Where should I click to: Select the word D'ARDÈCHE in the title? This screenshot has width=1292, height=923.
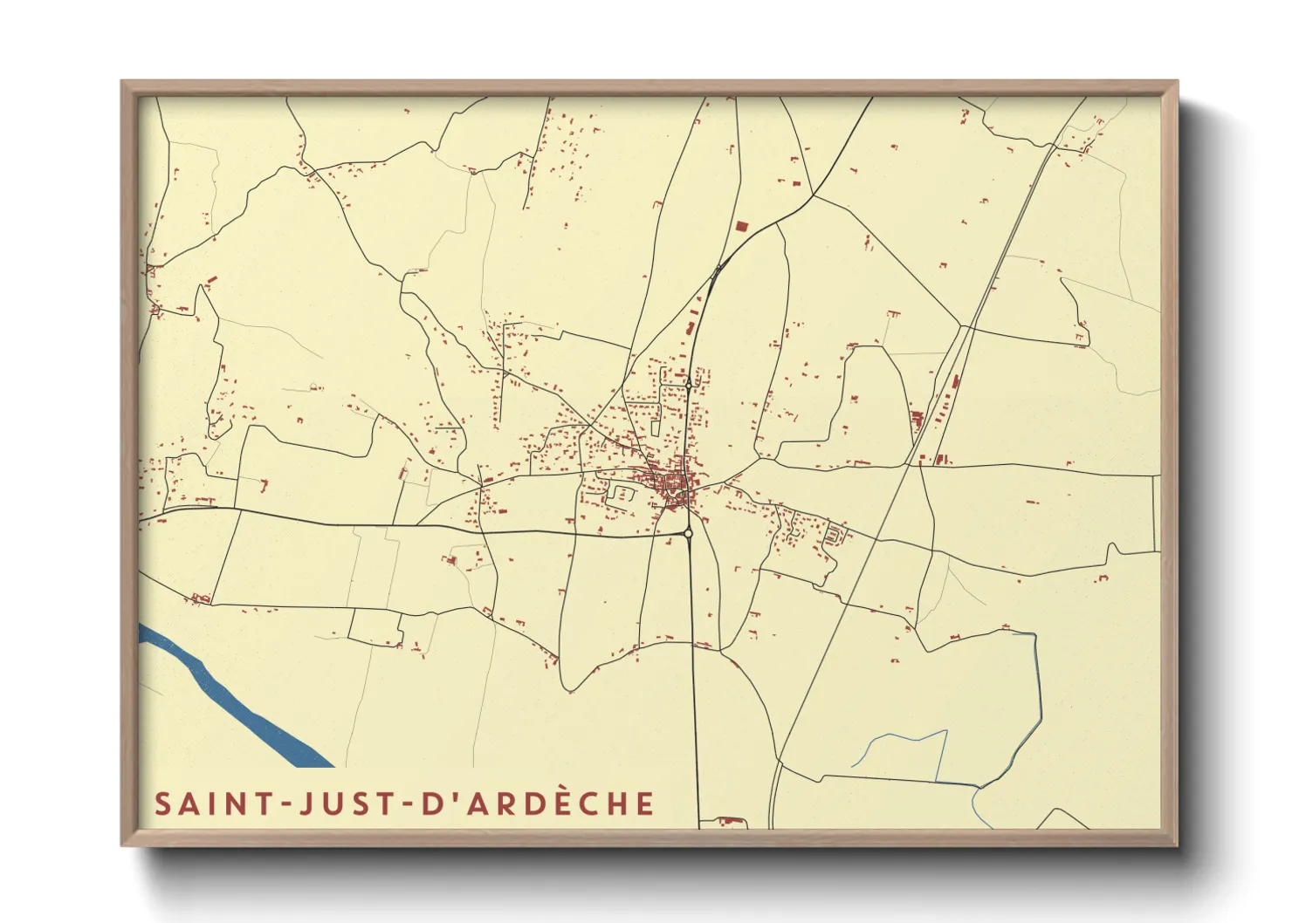tap(538, 804)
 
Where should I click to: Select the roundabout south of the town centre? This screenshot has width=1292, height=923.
tap(688, 532)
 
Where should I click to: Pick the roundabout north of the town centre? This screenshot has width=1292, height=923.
tap(689, 383)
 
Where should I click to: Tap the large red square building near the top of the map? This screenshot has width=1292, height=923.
tap(741, 227)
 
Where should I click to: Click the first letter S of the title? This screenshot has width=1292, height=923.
tap(162, 804)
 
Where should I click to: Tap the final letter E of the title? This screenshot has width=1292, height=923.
tap(645, 804)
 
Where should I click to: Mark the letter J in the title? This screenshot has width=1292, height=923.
tap(306, 804)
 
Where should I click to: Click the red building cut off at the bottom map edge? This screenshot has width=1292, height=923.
tap(725, 823)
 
